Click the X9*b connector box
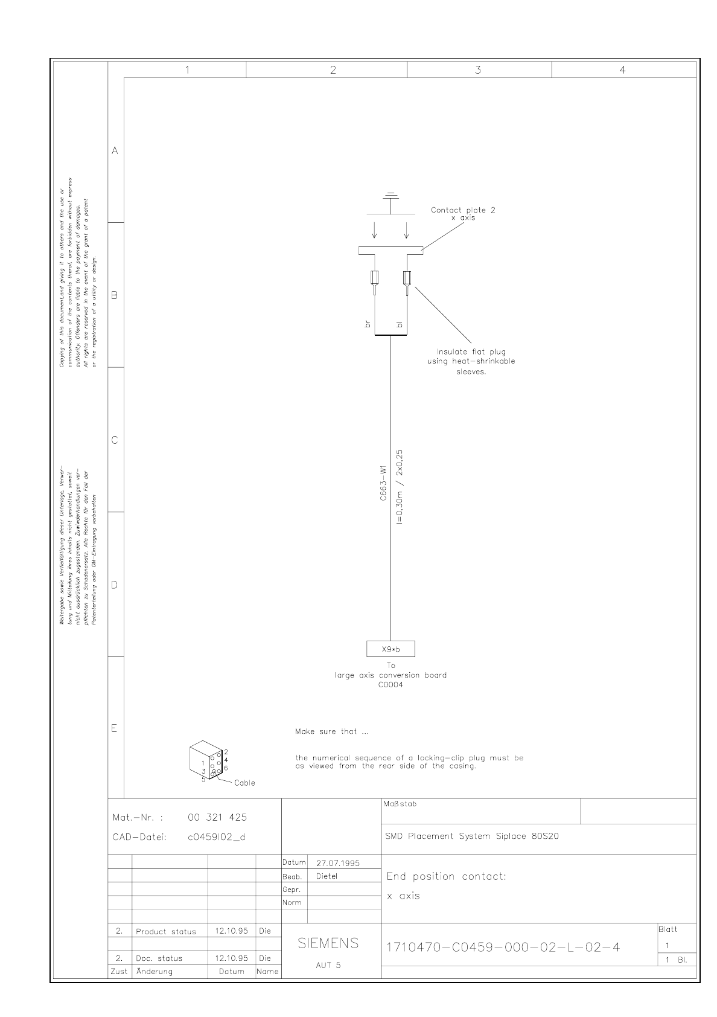coord(390,649)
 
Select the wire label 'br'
coord(368,324)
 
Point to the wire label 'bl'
coord(399,324)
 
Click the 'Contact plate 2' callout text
coord(463,210)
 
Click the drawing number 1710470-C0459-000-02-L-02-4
coord(503,946)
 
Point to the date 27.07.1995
coord(337,863)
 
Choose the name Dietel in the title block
coord(327,876)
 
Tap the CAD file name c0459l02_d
coord(217,837)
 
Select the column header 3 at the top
coord(478,70)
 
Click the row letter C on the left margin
coord(115,440)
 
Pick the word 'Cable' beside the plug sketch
coord(244,783)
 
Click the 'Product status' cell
coord(166,931)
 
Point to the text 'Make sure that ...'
coord(332,731)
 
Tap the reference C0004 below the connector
coord(390,685)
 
